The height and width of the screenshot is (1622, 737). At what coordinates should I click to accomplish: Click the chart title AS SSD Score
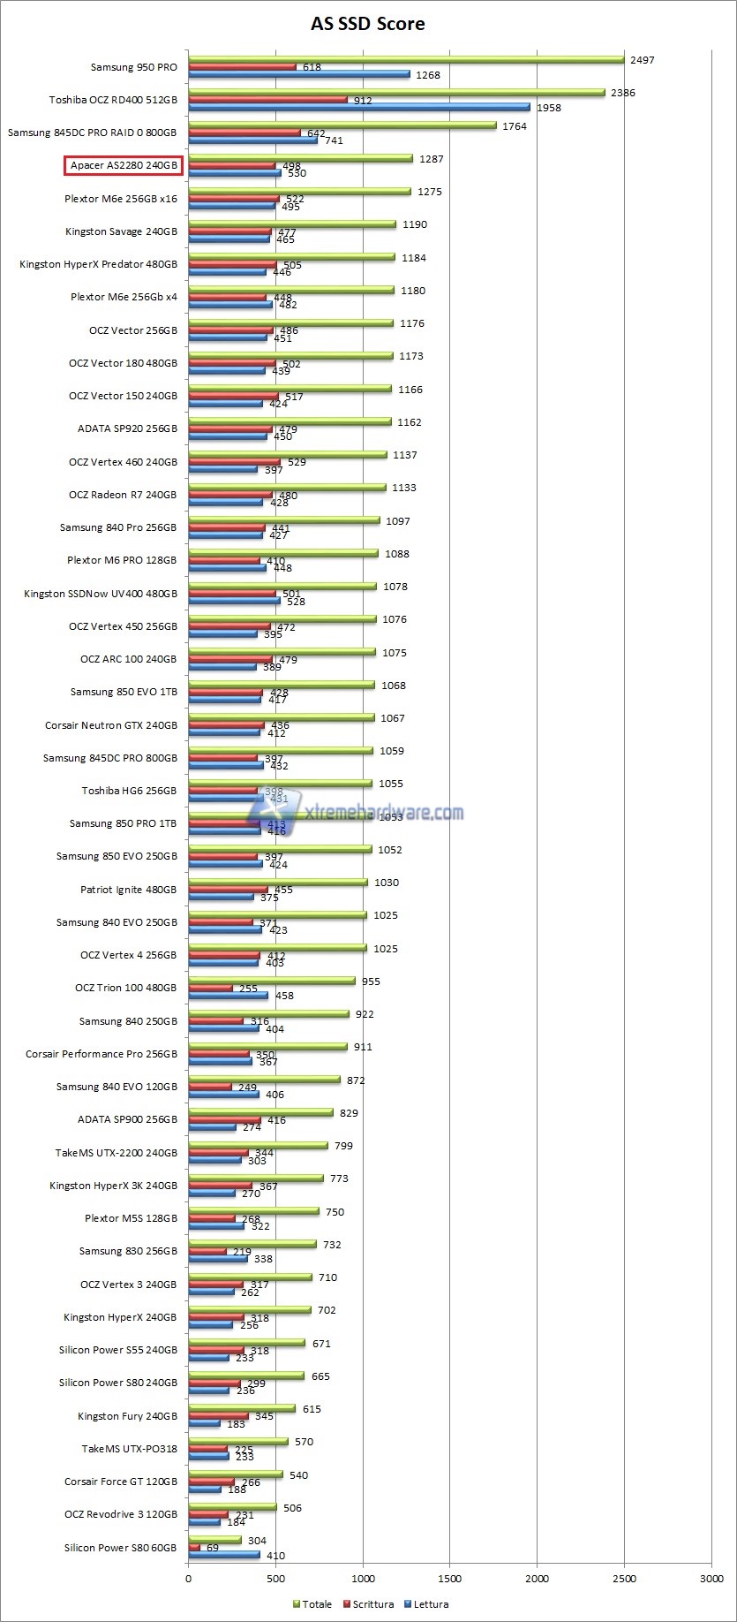click(367, 24)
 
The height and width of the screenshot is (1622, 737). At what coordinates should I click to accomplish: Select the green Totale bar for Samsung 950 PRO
click(406, 60)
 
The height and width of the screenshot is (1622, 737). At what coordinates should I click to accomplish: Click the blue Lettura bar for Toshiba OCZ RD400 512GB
click(358, 108)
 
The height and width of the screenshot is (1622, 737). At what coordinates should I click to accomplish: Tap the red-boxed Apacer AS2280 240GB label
click(124, 165)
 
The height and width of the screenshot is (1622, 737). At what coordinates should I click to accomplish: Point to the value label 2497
click(642, 60)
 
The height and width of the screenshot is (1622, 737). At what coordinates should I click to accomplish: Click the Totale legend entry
click(312, 1603)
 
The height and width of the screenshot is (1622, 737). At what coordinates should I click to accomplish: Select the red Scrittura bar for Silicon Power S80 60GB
click(194, 1548)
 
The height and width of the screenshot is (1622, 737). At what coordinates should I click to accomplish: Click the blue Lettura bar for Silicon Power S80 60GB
click(224, 1555)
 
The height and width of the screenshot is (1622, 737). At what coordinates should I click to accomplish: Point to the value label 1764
click(514, 126)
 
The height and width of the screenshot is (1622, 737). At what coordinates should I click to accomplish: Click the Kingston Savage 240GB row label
click(121, 231)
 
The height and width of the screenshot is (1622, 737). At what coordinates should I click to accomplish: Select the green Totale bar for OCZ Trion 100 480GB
click(271, 981)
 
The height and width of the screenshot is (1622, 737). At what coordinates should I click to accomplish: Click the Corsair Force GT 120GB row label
click(120, 1482)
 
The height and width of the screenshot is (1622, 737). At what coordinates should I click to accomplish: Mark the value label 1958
click(548, 108)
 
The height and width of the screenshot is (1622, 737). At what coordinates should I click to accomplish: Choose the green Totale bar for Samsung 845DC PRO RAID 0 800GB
click(342, 125)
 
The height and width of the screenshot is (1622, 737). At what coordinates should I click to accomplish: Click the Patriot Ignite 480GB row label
click(128, 890)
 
